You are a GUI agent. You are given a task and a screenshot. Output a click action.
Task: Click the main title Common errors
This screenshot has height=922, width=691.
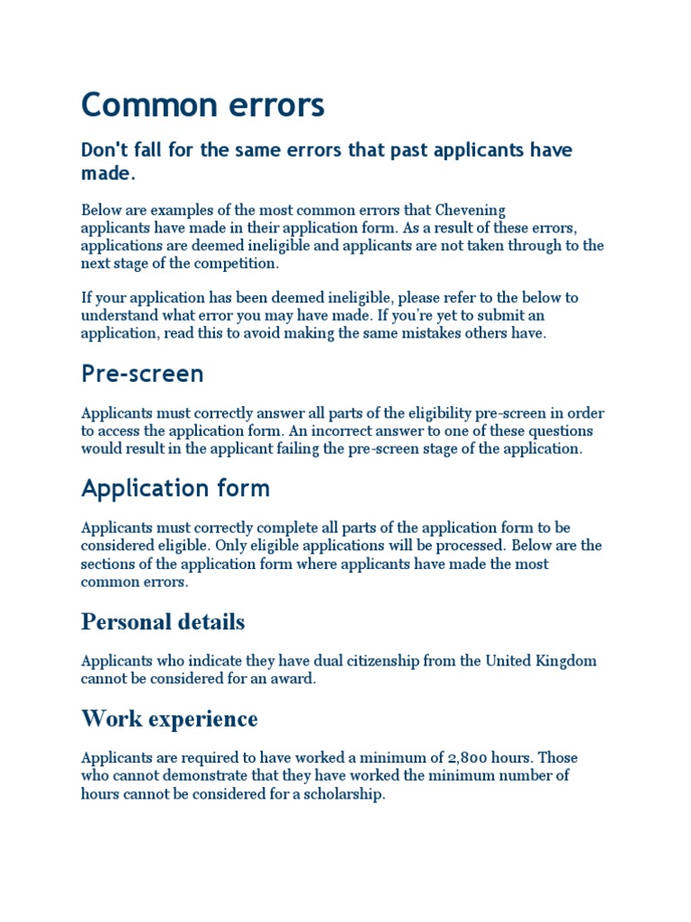[202, 106]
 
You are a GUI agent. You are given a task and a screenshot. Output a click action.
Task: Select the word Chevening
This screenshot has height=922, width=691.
[466, 210]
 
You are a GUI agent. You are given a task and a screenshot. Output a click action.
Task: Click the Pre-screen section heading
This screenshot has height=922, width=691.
[142, 374]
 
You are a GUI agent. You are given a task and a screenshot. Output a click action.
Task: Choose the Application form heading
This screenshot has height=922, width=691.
[175, 488]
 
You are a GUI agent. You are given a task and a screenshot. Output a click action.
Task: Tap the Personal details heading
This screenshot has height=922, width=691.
[163, 621]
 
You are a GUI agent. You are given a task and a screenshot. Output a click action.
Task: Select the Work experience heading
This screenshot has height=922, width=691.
[169, 719]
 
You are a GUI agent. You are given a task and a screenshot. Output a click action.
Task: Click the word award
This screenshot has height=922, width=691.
[293, 679]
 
